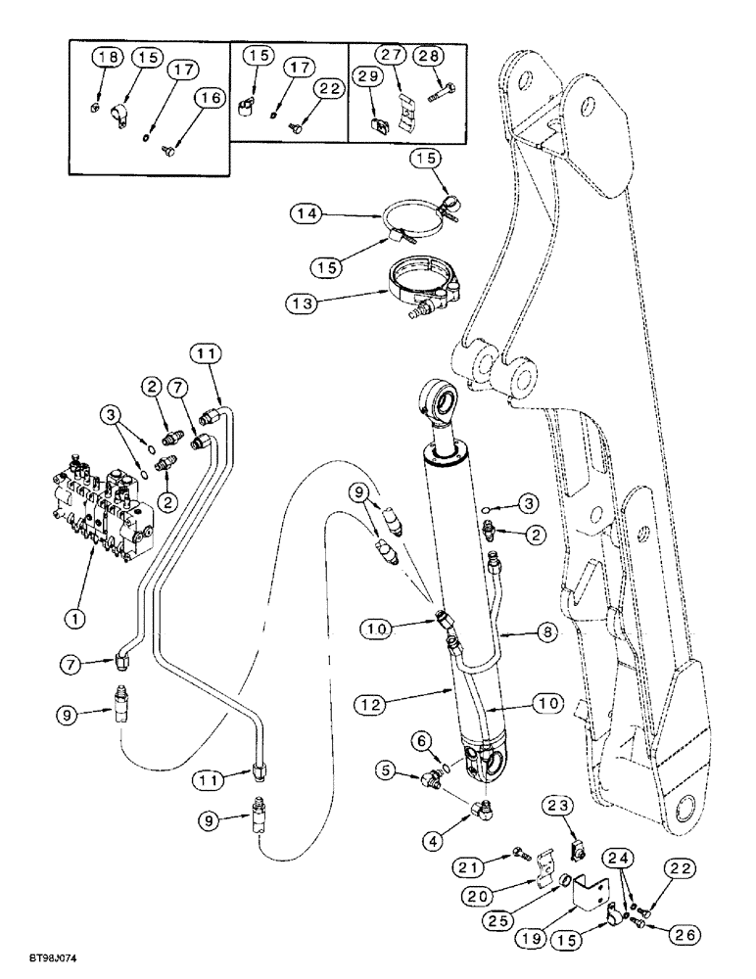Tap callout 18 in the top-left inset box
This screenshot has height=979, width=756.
(x=109, y=59)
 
